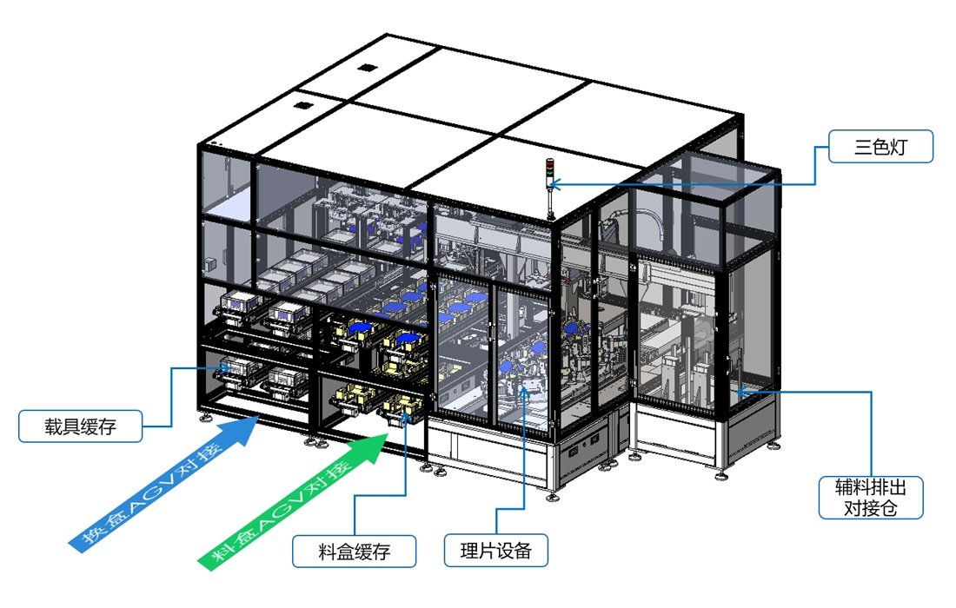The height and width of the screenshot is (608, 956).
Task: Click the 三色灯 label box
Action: coord(880,147)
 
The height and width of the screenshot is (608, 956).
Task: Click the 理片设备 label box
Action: coord(495,549)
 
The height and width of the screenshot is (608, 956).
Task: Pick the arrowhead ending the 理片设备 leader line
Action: coord(525,389)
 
